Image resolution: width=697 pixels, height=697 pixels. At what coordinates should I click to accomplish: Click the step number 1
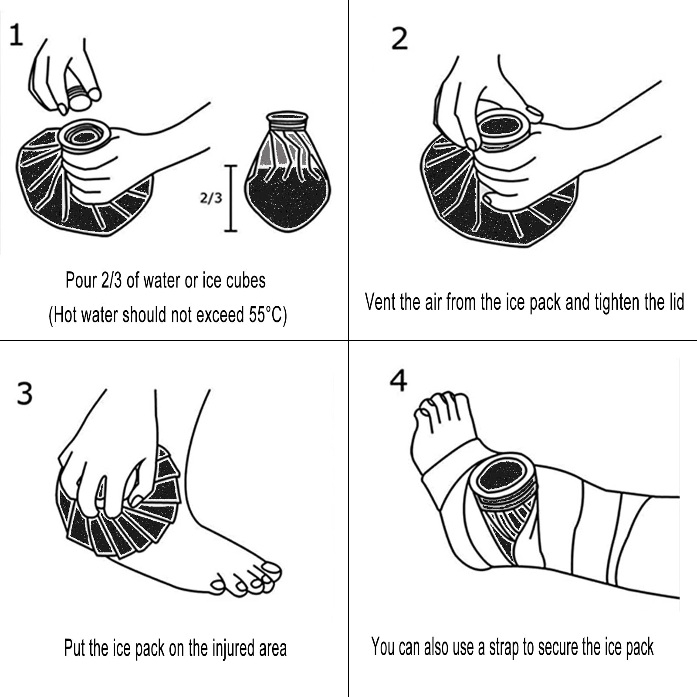pos(16,35)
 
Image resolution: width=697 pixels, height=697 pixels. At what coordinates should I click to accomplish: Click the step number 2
pos(399,38)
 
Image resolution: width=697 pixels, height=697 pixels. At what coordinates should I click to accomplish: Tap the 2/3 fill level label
pos(211,198)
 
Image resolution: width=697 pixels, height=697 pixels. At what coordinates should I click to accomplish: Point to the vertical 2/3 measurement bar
pos(231,198)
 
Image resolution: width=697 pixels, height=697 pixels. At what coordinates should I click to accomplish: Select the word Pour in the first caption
pos(81,280)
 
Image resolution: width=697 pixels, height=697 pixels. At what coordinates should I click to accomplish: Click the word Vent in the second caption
pos(379,302)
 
